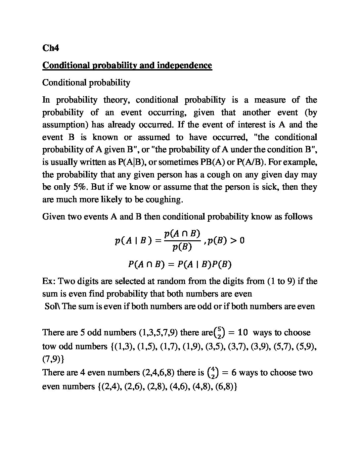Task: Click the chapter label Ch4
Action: tap(51, 48)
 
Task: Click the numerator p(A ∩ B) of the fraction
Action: tap(182, 234)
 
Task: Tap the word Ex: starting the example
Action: tap(50, 281)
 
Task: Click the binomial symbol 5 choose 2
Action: tap(219, 332)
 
